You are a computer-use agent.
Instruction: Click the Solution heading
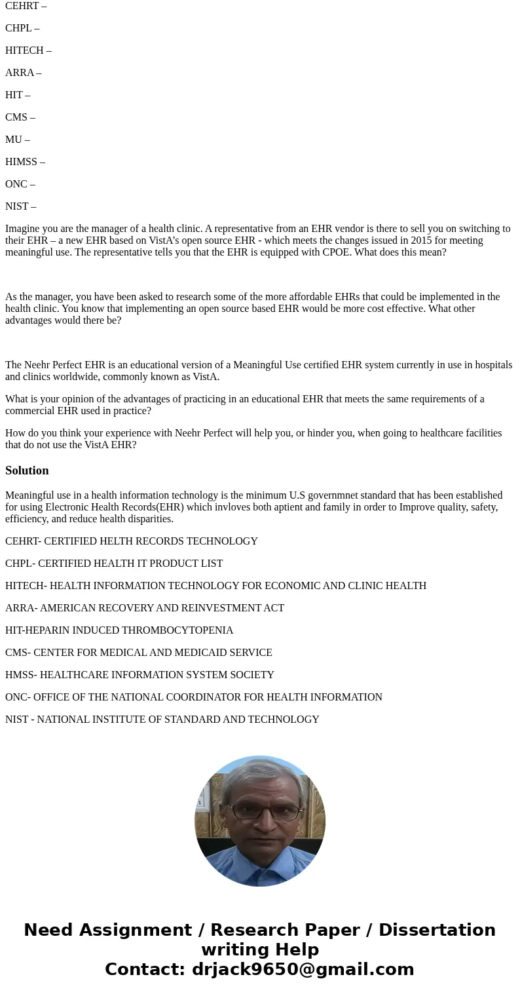[x=27, y=470]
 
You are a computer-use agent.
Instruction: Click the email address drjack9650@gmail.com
[x=303, y=969]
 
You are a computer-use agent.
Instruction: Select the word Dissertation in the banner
[x=437, y=930]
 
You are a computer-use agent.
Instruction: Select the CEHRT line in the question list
[x=26, y=6]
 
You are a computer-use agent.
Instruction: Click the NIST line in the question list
[x=20, y=206]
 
